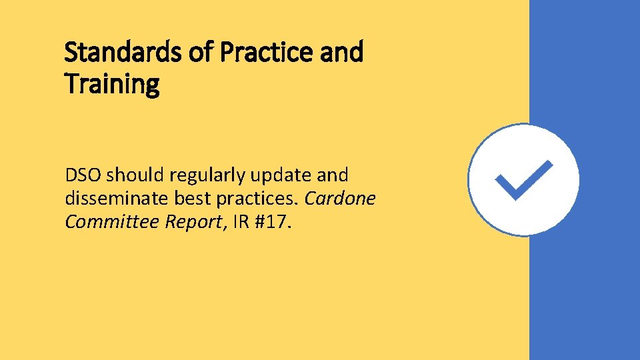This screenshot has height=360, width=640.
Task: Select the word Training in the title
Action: [x=112, y=84]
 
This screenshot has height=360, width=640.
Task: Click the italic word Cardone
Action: [x=340, y=198]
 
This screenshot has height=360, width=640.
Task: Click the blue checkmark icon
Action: [x=523, y=179]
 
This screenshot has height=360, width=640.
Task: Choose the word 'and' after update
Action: [x=334, y=175]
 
